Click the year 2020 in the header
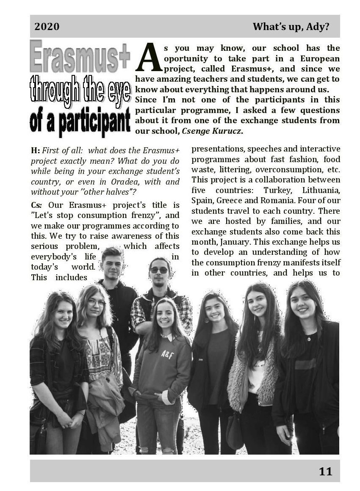pyautogui.click(x=47, y=27)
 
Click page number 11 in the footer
pyautogui.click(x=326, y=471)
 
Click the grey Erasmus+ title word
pyautogui.click(x=80, y=57)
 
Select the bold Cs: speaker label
pyautogui.click(x=36, y=205)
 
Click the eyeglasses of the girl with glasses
pyautogui.click(x=97, y=303)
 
